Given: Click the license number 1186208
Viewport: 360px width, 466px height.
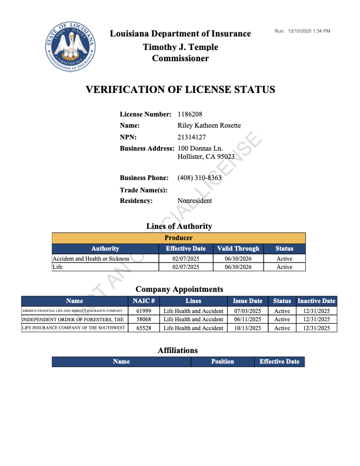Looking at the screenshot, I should point(191,114).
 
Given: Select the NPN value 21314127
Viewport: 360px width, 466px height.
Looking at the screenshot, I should point(191,137).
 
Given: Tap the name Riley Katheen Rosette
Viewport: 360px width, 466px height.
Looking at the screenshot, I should point(209,125).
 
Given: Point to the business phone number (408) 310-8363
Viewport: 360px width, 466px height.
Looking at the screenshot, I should point(199,178).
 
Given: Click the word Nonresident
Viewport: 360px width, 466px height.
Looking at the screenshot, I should point(195,201).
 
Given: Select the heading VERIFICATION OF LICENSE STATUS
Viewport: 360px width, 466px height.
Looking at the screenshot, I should point(180,90).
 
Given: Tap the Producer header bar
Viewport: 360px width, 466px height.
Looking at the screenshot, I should point(179,238).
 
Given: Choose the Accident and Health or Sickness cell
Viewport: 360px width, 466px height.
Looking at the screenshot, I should point(91,258).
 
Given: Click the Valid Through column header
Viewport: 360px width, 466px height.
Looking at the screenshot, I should point(238,249).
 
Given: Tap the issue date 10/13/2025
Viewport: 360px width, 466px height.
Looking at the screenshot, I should point(248,328).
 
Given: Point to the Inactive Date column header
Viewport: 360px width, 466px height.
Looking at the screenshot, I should point(316,301).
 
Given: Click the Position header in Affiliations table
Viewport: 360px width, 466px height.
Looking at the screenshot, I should point(222,362).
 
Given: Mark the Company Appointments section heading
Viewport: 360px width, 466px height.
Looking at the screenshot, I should point(179,289).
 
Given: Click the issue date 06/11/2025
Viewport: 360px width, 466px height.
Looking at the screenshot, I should point(248,319).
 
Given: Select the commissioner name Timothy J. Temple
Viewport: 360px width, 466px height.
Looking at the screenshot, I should point(180,46).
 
